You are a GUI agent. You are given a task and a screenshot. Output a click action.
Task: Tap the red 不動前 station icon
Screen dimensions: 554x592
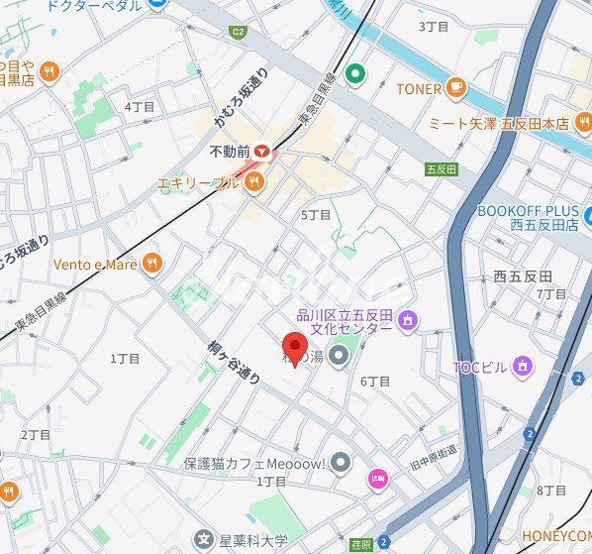point(261,152)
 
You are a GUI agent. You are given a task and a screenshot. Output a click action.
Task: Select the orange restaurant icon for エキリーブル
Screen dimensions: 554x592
point(254,182)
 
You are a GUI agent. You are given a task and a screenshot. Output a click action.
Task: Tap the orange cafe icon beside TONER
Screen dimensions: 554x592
point(455,88)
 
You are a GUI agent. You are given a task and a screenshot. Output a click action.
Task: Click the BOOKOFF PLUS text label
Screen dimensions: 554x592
point(527,211)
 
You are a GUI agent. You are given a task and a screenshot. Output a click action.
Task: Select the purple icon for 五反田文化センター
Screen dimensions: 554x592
point(408,320)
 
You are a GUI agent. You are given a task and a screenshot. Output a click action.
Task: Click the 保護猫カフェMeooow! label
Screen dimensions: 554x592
point(254,462)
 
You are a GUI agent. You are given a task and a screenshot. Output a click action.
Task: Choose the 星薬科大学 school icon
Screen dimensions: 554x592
point(204,540)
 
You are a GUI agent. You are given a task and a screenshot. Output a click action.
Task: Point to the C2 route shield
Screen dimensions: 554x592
point(238,32)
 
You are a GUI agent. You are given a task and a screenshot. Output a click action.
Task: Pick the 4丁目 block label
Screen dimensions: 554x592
point(140,106)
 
